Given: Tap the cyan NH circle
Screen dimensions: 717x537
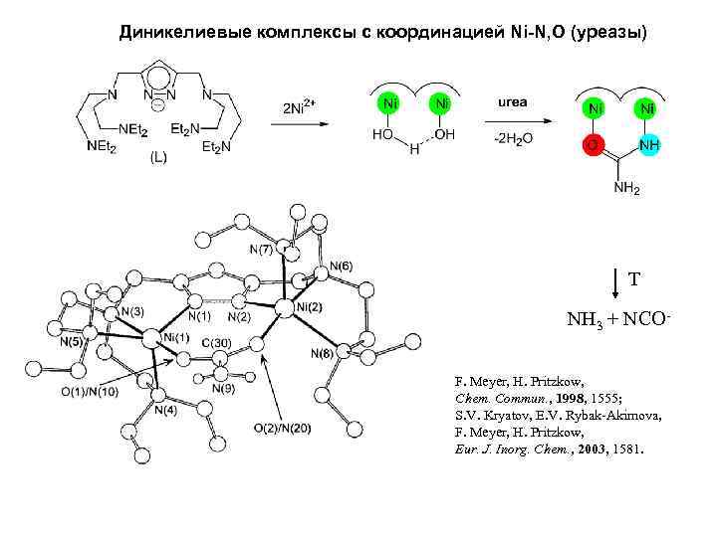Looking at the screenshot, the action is [648, 145].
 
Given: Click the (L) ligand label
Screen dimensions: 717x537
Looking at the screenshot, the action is [159, 157].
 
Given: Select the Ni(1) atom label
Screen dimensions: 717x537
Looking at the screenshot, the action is [175, 338].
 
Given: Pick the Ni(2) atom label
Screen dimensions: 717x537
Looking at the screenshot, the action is [309, 307].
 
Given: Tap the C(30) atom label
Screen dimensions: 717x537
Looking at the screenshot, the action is [216, 344].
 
